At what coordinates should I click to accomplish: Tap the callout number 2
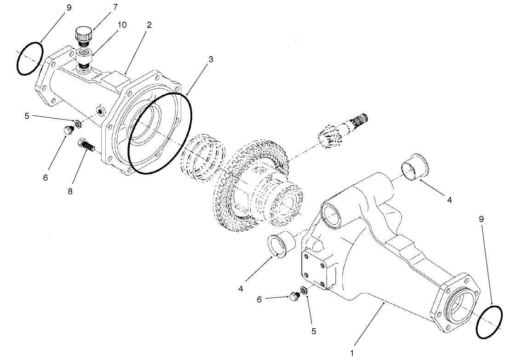(149, 25)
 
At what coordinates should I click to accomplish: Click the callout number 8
(70, 190)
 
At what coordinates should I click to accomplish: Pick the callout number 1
(352, 354)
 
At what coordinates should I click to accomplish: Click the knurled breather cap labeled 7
(84, 34)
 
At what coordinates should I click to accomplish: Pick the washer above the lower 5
(304, 291)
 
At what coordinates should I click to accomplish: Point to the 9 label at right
(481, 220)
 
